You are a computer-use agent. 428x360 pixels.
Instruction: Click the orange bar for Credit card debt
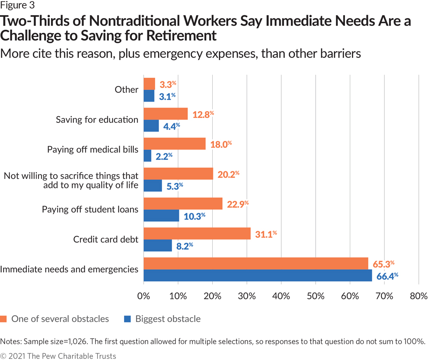pyautogui.click(x=197, y=233)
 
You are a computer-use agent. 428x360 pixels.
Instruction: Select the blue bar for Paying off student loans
pyautogui.click(x=161, y=216)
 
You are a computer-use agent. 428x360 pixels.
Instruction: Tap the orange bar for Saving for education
pyautogui.click(x=165, y=114)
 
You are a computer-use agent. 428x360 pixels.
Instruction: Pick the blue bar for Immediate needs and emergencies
pyautogui.click(x=257, y=275)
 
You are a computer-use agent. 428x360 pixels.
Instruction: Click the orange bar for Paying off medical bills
pyautogui.click(x=174, y=143)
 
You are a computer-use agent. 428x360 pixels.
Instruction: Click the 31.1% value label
pyautogui.click(x=265, y=234)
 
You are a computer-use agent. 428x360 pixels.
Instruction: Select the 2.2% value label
pyautogui.click(x=163, y=156)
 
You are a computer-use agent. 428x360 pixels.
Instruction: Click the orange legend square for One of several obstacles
pyautogui.click(x=4, y=319)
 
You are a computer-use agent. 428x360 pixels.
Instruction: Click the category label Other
pyautogui.click(x=126, y=90)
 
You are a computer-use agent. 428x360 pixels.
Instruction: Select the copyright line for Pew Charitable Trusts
pyautogui.click(x=58, y=356)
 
